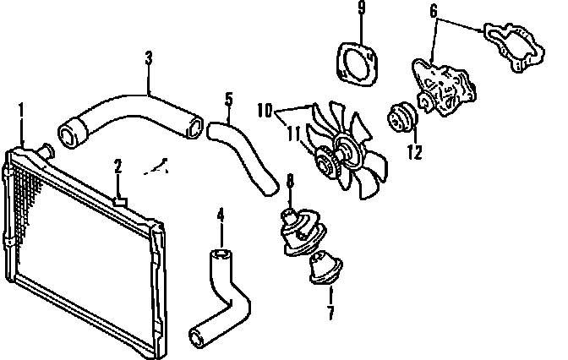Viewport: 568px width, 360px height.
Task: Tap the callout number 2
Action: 119,166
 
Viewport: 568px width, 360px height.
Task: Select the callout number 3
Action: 149,58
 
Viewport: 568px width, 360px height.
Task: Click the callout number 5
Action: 228,100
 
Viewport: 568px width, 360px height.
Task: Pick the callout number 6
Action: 434,12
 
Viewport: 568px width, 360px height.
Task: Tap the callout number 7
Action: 330,314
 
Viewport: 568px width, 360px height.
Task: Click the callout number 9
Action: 361,11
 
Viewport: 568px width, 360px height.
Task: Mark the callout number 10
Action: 264,111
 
